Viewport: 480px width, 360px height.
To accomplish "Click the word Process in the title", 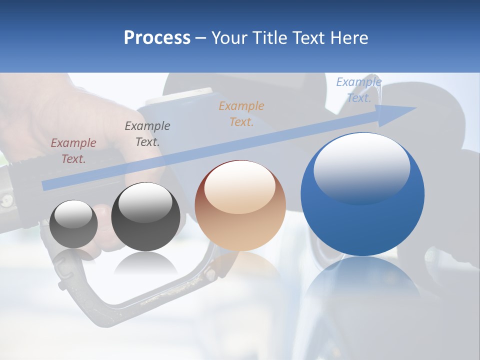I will tap(157, 38).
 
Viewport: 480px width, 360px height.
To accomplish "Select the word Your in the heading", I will tap(228, 38).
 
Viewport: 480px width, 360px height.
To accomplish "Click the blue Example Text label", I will tap(358, 90).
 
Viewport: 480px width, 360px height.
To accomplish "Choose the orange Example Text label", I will tap(241, 113).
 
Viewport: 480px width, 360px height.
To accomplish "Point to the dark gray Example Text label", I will tap(147, 133).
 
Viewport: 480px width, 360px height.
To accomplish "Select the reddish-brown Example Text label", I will tap(73, 150).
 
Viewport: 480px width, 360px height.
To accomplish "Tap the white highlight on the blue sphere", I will tap(361, 167).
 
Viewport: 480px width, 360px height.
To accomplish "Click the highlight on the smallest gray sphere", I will tap(73, 215).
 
